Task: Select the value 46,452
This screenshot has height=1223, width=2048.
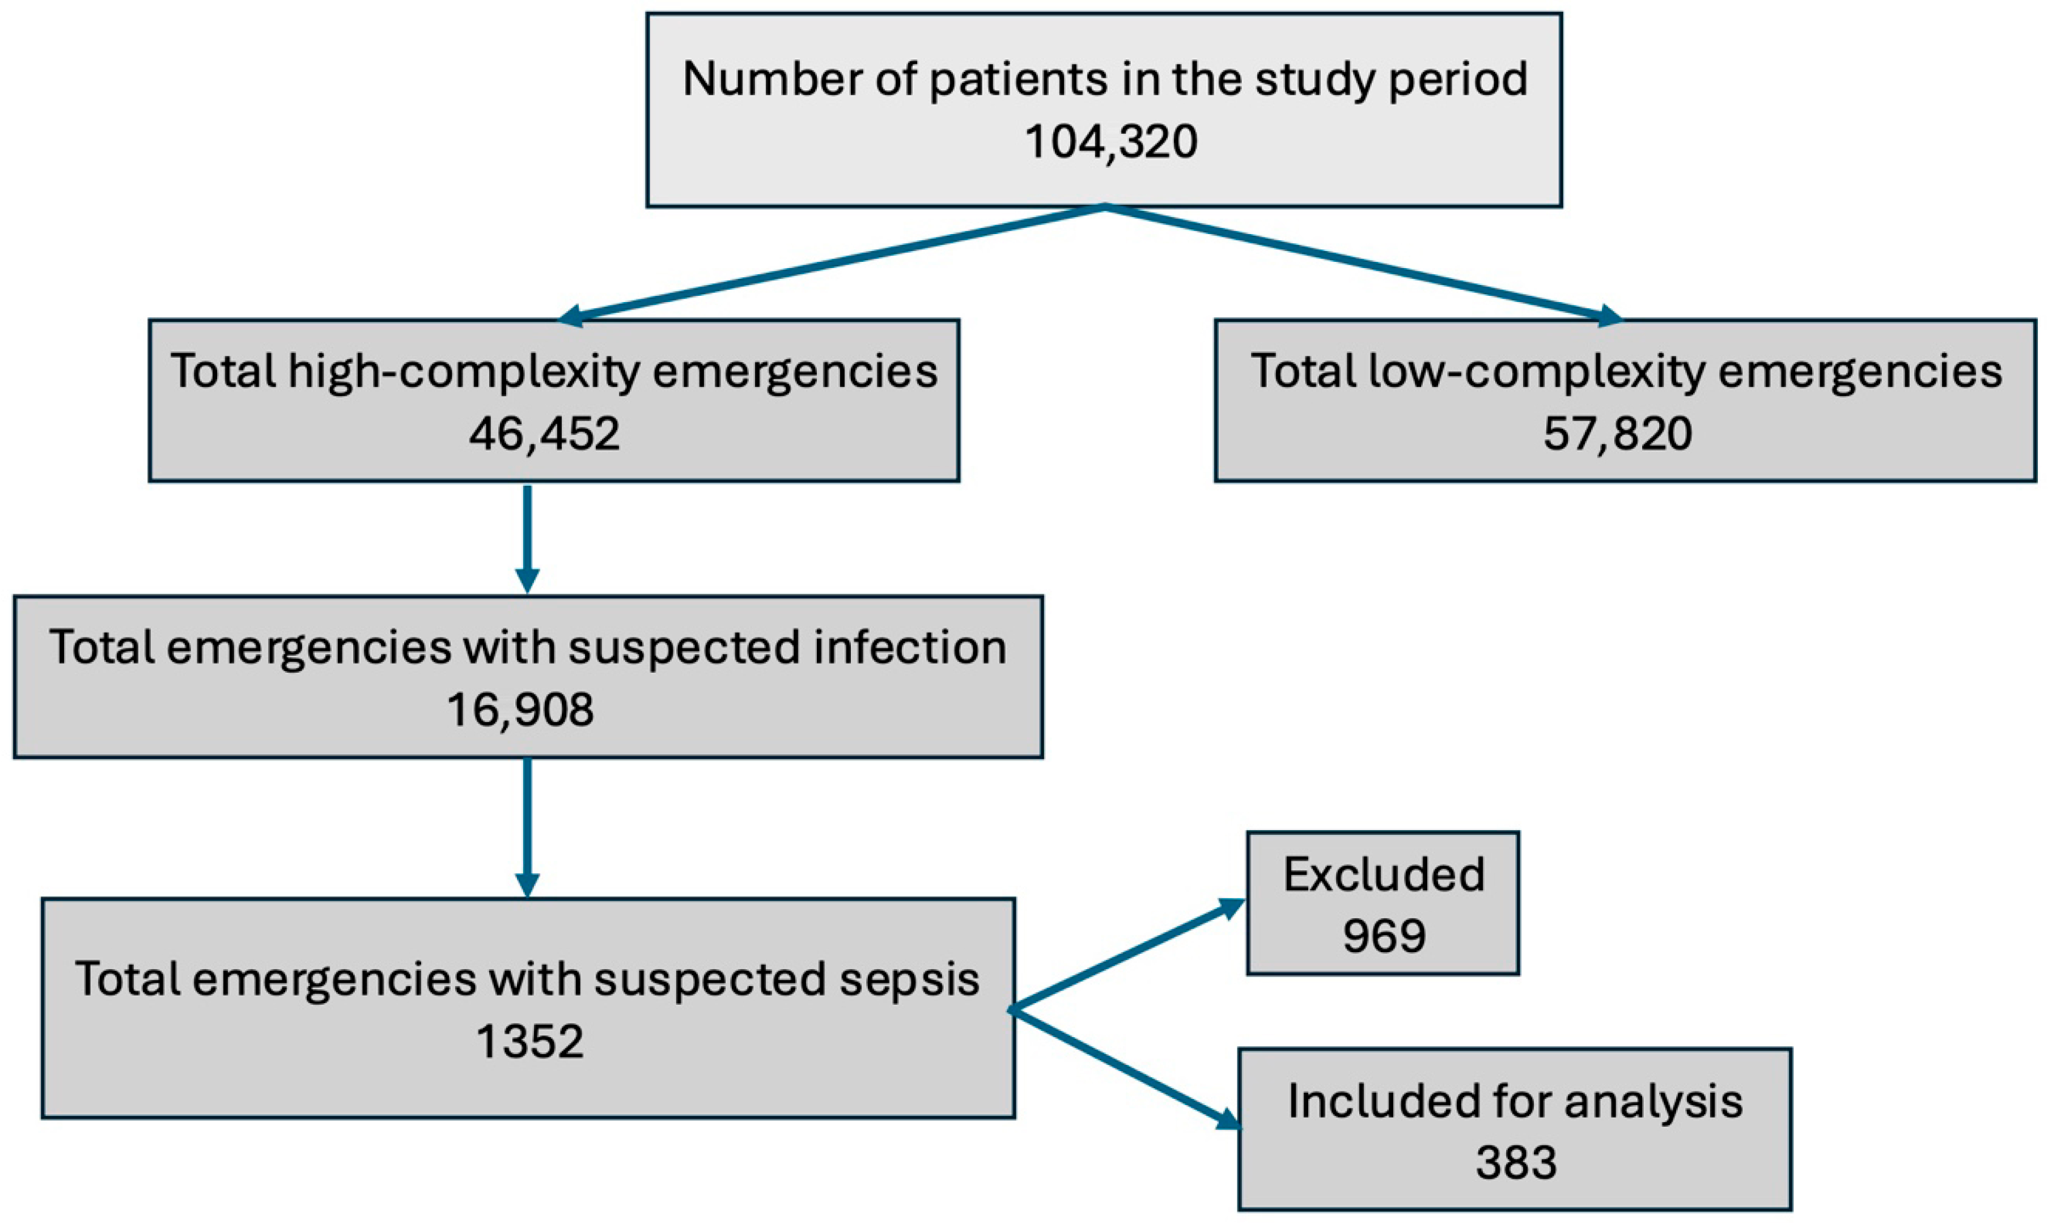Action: pos(544,434)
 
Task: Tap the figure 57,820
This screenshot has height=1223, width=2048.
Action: pos(1617,434)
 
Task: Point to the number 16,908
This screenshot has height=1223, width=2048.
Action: pos(519,710)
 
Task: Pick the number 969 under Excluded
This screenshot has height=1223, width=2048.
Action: pos(1383,935)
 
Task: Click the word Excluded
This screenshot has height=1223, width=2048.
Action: pos(1383,874)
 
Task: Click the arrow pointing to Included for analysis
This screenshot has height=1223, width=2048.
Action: pos(1126,1068)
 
